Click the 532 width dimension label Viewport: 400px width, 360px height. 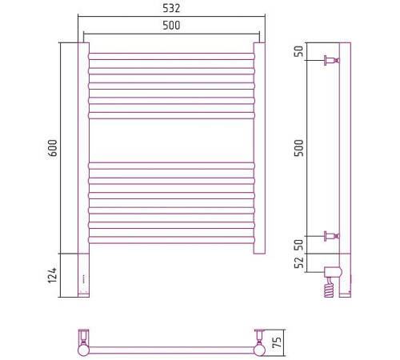[171, 8]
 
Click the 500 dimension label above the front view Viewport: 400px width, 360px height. [171, 26]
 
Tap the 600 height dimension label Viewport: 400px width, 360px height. [53, 148]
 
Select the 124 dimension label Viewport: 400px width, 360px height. [53, 275]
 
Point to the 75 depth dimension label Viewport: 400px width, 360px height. [277, 342]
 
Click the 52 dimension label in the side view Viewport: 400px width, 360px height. [299, 262]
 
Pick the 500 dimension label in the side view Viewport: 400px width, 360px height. [299, 148]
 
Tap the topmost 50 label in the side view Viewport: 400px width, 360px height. [299, 51]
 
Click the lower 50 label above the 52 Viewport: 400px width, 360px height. [299, 245]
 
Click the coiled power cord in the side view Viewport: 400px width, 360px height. [329, 287]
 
